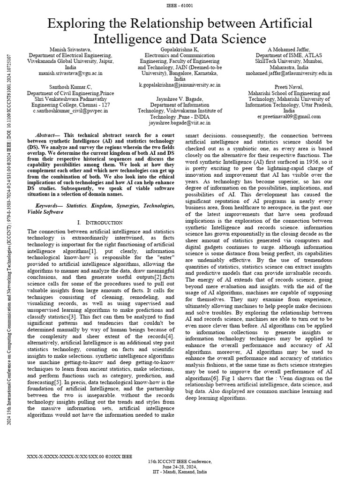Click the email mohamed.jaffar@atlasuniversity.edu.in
[x=289, y=74]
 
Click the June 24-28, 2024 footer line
[x=180, y=467]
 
